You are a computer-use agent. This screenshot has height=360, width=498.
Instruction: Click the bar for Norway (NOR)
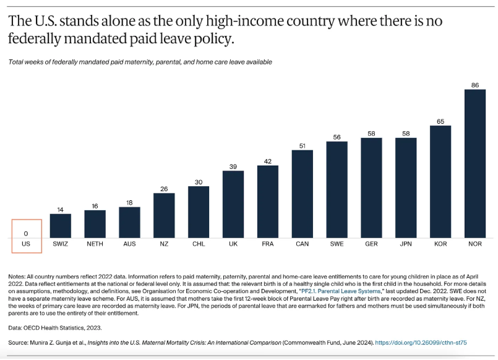click(474, 163)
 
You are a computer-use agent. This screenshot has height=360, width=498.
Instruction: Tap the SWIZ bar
click(61, 225)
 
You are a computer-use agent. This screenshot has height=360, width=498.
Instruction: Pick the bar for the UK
click(233, 204)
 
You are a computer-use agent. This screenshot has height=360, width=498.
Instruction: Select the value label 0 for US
click(26, 233)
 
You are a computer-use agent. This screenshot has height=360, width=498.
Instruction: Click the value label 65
click(440, 120)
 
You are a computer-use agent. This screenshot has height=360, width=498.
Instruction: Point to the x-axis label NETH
click(95, 244)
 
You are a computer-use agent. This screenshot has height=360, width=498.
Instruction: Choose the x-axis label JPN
click(406, 244)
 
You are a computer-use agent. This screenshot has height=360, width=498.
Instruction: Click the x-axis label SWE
click(337, 244)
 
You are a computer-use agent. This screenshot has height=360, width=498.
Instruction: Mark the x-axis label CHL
click(199, 244)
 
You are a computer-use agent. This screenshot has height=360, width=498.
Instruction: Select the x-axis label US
click(26, 244)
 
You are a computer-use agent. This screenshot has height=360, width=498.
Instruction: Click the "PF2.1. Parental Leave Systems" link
click(343, 289)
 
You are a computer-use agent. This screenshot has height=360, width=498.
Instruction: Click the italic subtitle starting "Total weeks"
click(140, 62)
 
